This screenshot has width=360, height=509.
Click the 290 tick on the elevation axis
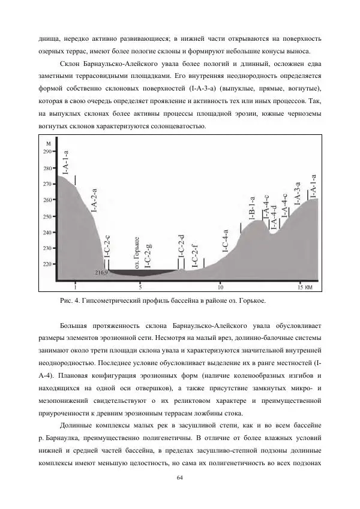pyautogui.click(x=48, y=152)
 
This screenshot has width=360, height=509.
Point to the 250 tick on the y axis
pyautogui.click(x=48, y=216)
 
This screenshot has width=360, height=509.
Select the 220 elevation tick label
pyautogui.click(x=48, y=264)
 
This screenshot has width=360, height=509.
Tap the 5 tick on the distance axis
pyautogui.click(x=140, y=287)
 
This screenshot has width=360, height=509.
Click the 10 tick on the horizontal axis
pyautogui.click(x=220, y=287)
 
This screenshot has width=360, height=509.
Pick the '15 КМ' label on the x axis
pyautogui.click(x=305, y=287)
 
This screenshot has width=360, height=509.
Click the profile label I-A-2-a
pyautogui.click(x=94, y=200)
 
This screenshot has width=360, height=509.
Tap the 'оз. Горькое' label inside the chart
pyautogui.click(x=137, y=251)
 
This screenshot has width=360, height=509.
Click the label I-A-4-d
pyautogui.click(x=273, y=217)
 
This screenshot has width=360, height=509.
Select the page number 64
pyautogui.click(x=179, y=477)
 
